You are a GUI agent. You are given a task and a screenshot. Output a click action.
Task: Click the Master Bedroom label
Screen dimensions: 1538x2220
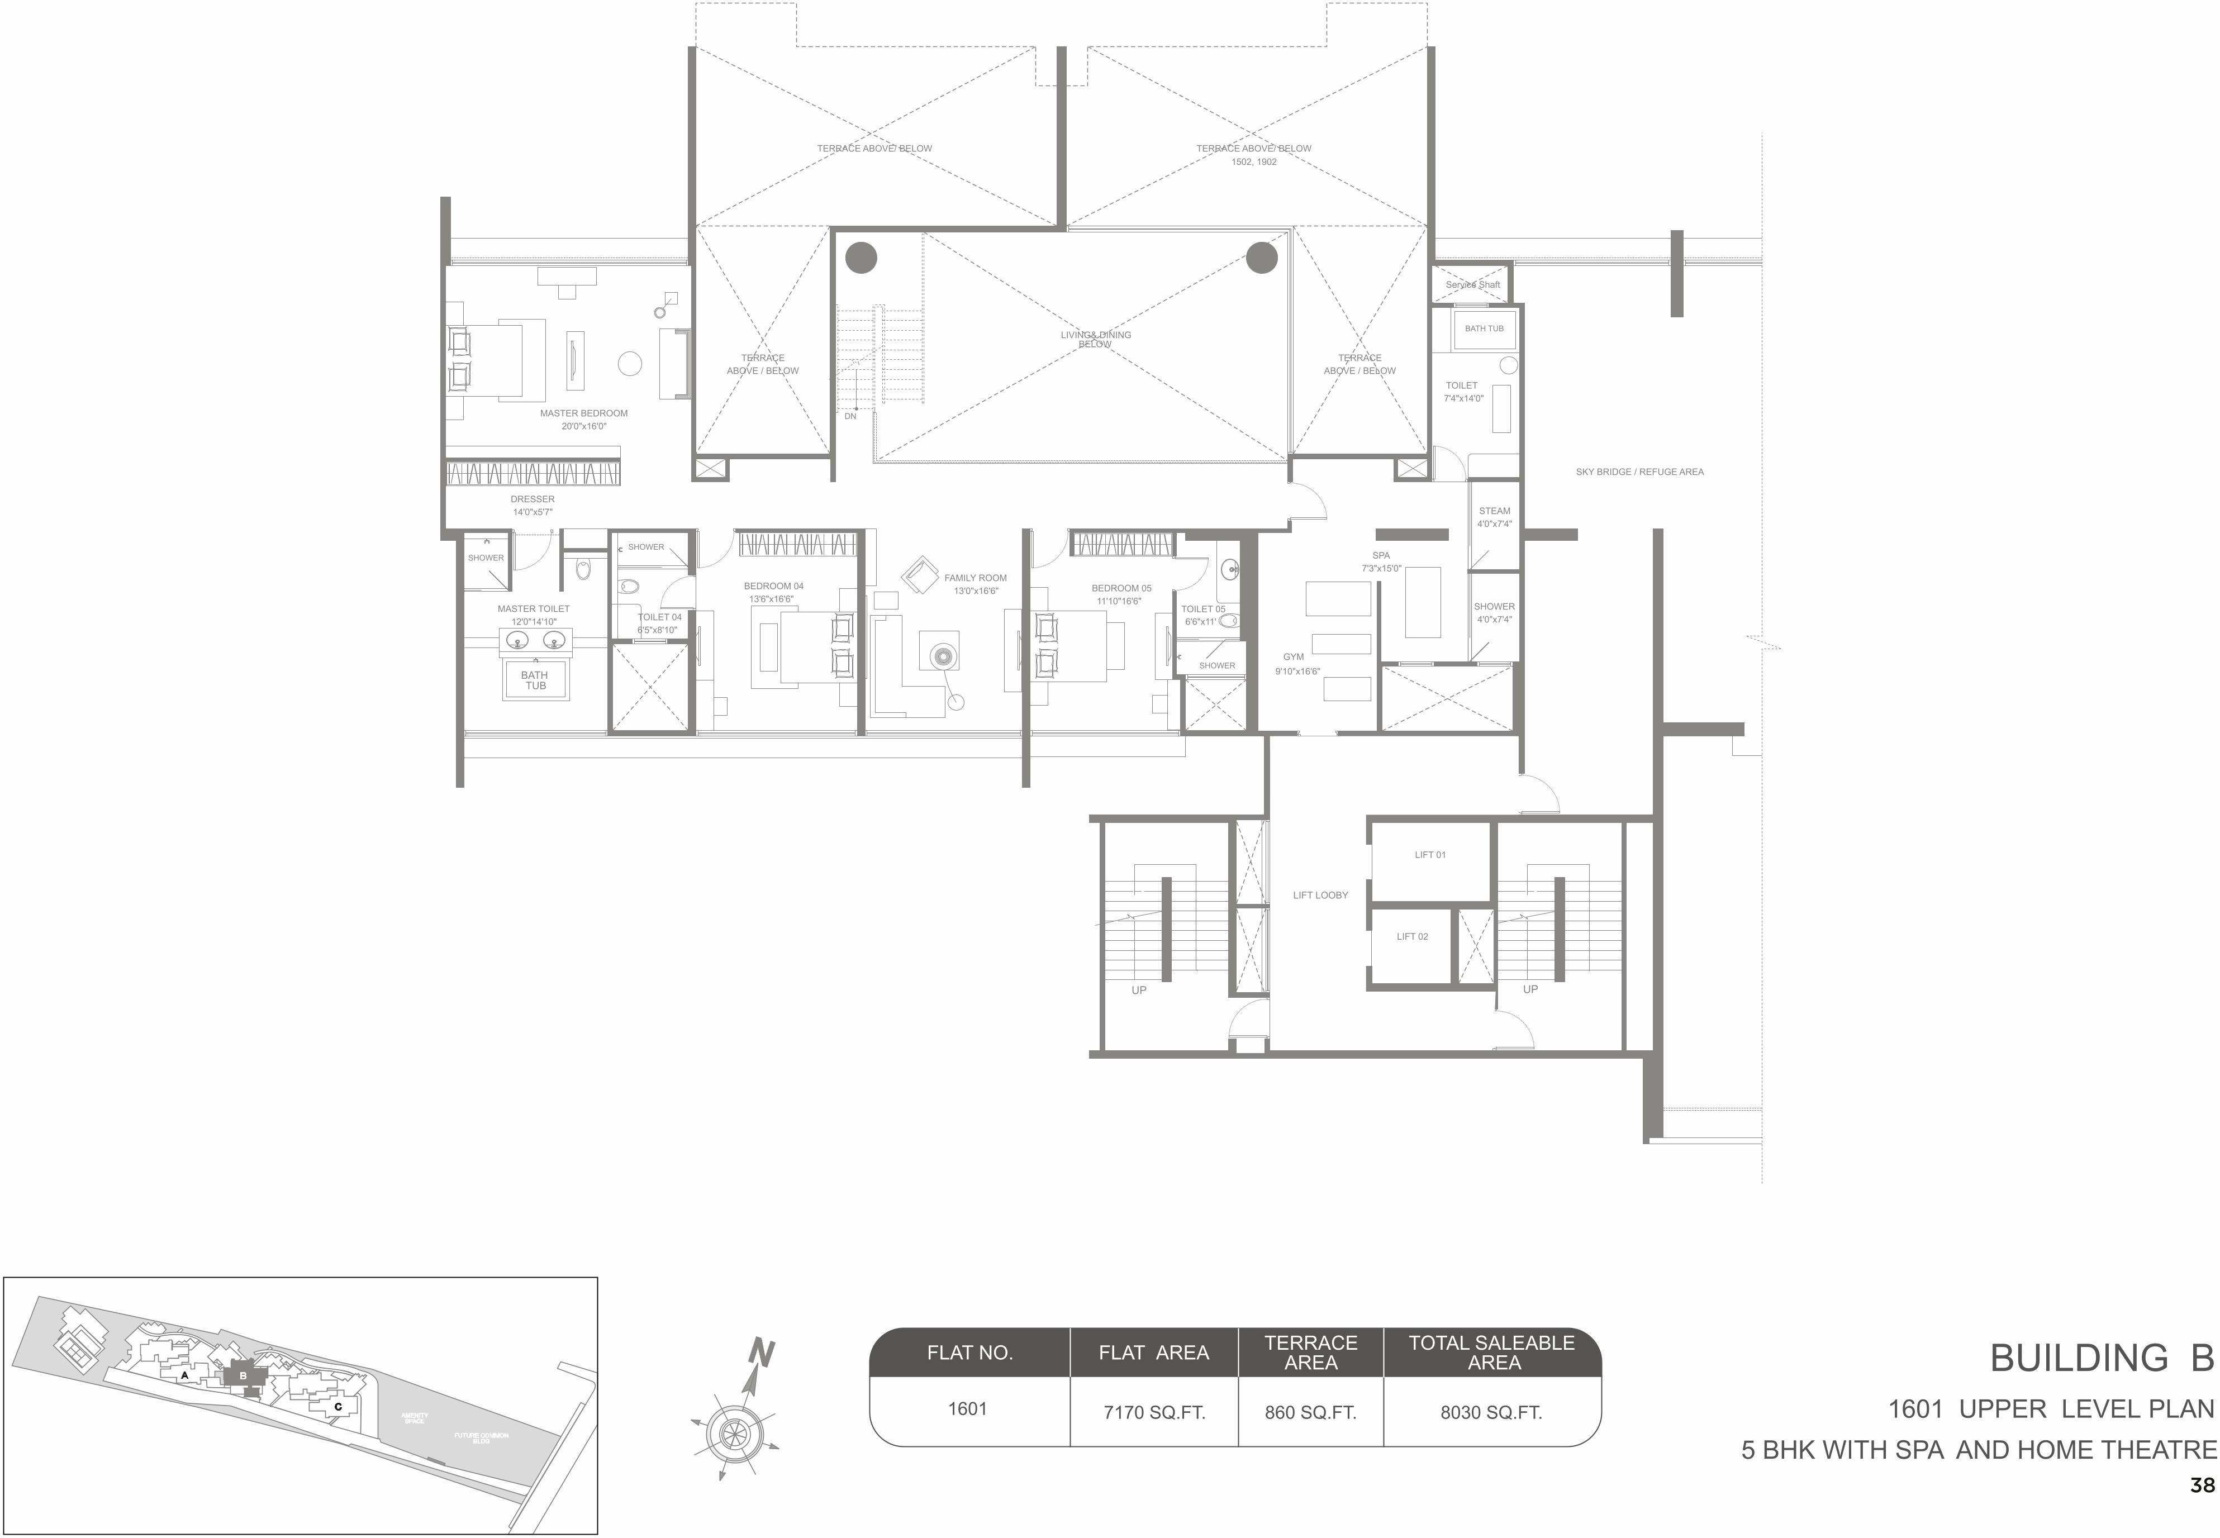point(583,413)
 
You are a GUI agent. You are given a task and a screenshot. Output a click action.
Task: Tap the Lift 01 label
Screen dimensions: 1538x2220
point(1429,855)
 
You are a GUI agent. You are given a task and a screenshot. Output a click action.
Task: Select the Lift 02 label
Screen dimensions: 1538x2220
point(1412,937)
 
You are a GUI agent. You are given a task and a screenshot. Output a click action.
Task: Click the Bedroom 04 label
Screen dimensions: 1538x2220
point(773,586)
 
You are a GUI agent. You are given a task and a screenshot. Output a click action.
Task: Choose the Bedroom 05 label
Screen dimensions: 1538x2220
point(1121,588)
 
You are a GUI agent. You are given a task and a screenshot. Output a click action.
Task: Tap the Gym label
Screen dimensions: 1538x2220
point(1294,657)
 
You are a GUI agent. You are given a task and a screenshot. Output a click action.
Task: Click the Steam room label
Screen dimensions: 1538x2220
point(1494,512)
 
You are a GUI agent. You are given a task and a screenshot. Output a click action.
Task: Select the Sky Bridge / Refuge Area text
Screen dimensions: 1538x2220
point(1639,472)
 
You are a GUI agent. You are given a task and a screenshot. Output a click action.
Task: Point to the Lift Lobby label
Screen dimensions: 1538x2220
point(1320,895)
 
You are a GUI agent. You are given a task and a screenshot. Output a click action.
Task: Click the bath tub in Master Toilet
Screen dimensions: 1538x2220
point(535,680)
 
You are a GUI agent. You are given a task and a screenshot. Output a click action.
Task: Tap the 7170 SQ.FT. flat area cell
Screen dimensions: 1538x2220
point(1154,1413)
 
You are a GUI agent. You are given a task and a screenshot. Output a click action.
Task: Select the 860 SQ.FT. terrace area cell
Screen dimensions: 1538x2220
point(1310,1413)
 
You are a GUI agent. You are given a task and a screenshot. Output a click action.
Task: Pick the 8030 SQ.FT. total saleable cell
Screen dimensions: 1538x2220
point(1491,1413)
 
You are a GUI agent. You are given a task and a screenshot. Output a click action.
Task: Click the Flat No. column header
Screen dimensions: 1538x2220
point(969,1353)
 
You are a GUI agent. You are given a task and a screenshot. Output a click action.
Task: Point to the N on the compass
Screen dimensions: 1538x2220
point(762,1354)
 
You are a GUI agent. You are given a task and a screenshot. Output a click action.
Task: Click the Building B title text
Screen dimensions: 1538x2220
point(2102,1359)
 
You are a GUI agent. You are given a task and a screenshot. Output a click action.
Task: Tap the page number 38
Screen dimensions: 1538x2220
point(2202,1486)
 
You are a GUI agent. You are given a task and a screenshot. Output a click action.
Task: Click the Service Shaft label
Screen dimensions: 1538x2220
point(1472,285)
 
